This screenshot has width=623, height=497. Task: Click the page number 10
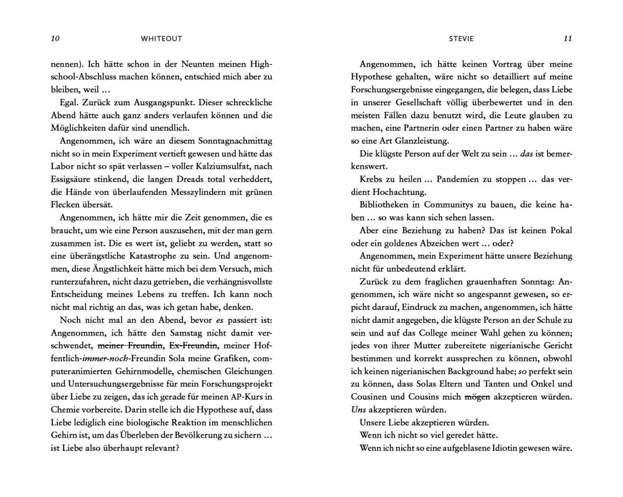(x=55, y=39)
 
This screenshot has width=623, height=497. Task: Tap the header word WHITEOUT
(x=161, y=39)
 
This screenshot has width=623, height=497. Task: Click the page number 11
(x=567, y=39)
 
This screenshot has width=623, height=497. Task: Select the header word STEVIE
(x=461, y=39)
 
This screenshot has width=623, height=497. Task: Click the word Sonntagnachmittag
(x=235, y=141)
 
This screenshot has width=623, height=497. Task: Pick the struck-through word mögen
(x=477, y=397)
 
